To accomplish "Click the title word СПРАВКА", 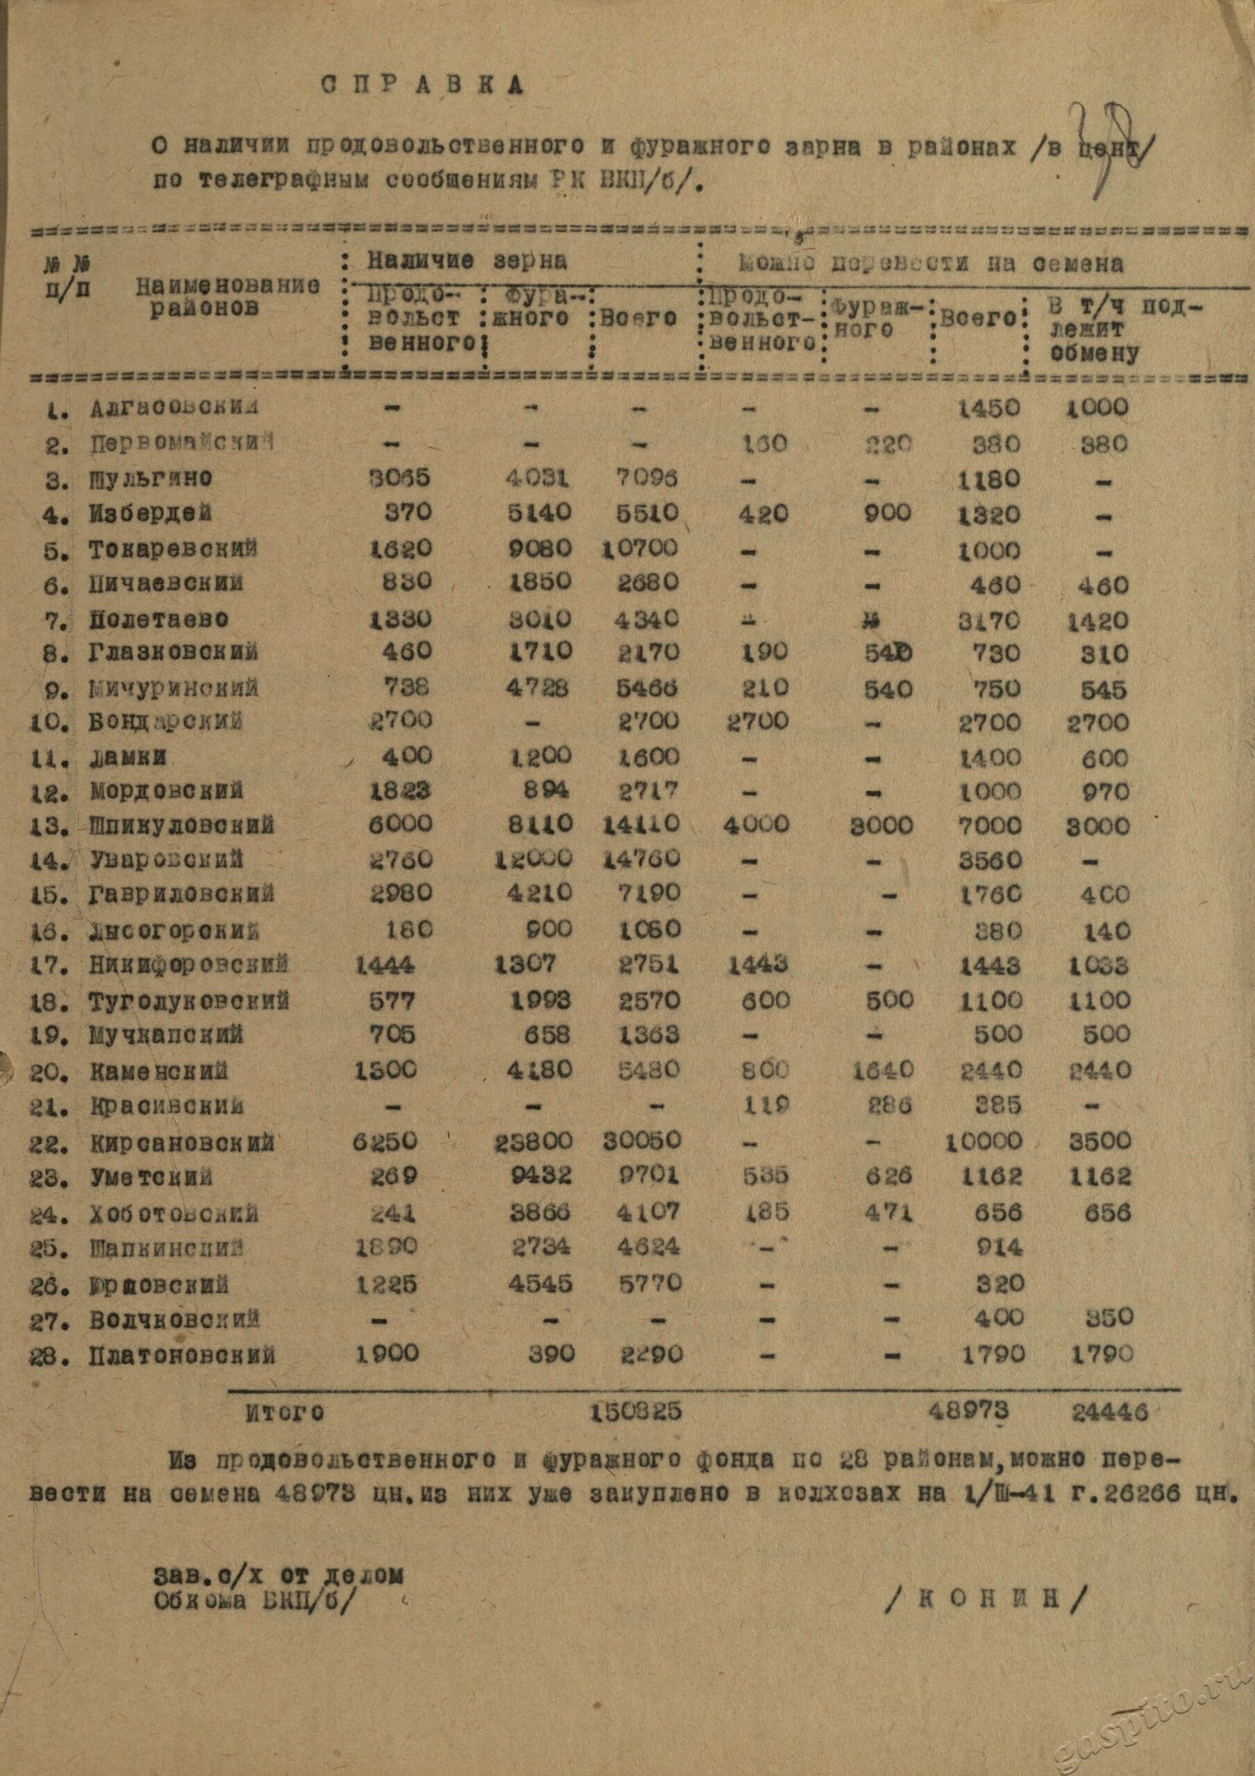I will [x=421, y=85].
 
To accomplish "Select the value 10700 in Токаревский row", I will [x=641, y=549].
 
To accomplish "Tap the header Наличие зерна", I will [x=466, y=261].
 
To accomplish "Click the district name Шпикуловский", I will [x=182, y=826].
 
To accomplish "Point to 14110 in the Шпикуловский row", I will [x=641, y=823].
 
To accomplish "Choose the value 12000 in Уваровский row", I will [x=534, y=858].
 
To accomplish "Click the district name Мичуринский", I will [x=174, y=688].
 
